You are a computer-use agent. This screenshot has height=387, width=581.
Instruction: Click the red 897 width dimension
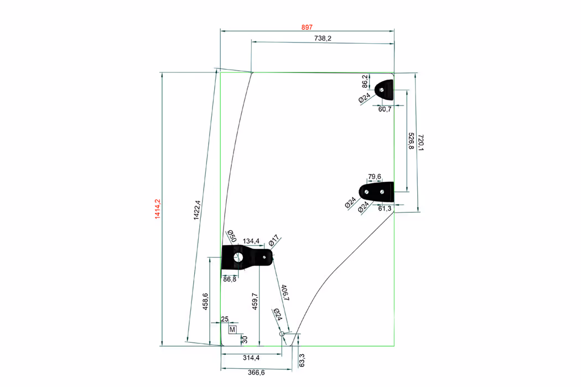tap(307, 27)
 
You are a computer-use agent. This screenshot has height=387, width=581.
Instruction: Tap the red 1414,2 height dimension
tap(157, 209)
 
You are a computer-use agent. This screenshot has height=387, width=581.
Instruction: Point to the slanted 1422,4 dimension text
tap(197, 210)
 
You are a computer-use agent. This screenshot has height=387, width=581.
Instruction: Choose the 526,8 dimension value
tap(411, 142)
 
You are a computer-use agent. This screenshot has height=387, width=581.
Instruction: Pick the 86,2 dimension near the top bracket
tap(365, 81)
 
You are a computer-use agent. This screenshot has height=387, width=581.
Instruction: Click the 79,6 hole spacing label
tap(375, 177)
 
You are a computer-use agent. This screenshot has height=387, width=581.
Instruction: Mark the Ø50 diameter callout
tap(231, 236)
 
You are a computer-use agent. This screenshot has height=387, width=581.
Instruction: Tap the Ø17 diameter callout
tap(274, 242)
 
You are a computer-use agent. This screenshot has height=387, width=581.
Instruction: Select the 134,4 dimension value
tap(251, 241)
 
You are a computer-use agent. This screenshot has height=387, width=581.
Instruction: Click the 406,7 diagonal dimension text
tap(285, 292)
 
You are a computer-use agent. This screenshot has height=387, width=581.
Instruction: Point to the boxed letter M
tap(232, 330)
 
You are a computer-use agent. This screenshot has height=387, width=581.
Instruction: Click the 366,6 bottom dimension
tap(256, 373)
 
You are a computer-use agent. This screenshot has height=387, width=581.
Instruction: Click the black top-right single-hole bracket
tap(385, 89)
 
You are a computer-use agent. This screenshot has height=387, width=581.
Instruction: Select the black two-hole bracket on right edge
tap(377, 191)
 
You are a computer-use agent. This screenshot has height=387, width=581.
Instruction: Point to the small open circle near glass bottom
tap(282, 333)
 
